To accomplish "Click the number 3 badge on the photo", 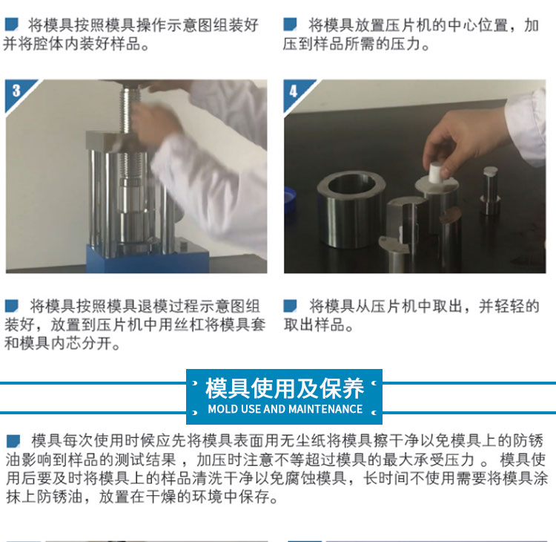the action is [16, 91].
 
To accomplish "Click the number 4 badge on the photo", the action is [294, 91].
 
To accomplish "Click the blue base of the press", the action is [148, 258].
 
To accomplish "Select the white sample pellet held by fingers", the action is [434, 173].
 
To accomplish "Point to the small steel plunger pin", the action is [490, 190].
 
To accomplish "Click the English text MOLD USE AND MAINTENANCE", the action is [285, 409].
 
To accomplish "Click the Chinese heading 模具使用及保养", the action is [285, 388].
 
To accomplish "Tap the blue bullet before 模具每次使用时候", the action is [13, 441].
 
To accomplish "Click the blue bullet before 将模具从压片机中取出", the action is [290, 306].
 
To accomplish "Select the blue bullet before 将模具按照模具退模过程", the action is [11, 306].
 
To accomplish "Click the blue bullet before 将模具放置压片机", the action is [290, 25].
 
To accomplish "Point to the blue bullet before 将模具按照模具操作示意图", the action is [11, 25].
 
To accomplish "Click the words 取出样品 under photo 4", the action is [314, 324].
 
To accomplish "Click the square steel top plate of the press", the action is [106, 141].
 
